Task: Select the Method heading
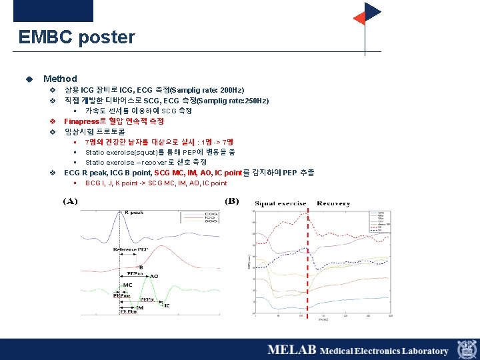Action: (60, 79)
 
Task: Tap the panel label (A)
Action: (70, 201)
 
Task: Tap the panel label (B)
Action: (232, 201)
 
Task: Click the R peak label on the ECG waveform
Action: (133, 213)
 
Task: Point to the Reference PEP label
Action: (130, 249)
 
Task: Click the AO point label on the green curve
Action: (154, 276)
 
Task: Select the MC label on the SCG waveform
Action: (127, 285)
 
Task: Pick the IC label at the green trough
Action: (167, 306)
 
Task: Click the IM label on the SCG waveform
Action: (140, 307)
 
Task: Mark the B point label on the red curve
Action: (141, 267)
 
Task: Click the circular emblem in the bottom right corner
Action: (466, 350)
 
